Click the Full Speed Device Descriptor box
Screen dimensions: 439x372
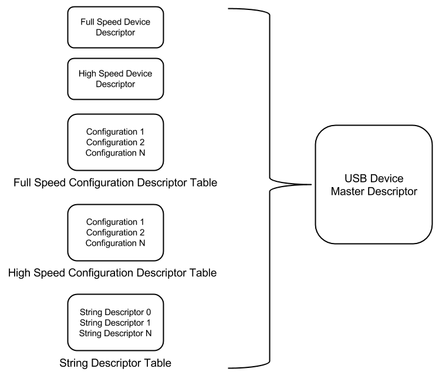pos(116,27)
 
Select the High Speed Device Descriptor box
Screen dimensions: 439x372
pos(116,79)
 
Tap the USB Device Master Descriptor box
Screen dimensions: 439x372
pos(374,184)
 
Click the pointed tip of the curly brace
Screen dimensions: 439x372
pos(311,184)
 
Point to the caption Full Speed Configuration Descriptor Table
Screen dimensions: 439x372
pos(116,182)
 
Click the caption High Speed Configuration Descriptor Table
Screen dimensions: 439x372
pos(112,273)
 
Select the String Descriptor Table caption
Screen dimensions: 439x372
pos(116,363)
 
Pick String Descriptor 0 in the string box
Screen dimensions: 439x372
pos(116,312)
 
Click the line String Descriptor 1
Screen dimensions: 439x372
pos(116,323)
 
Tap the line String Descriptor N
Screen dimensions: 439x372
pos(116,333)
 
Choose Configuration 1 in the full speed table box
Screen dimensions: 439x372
pos(116,131)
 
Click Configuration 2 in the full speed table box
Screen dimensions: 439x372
pos(116,142)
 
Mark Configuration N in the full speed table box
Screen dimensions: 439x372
pos(116,153)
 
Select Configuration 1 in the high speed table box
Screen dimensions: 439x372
pos(116,222)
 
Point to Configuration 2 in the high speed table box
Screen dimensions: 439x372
pos(116,232)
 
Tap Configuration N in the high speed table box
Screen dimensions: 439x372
pos(116,243)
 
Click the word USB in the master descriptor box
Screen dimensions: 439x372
pos(354,178)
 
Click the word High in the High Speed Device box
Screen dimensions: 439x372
pos(87,73)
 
